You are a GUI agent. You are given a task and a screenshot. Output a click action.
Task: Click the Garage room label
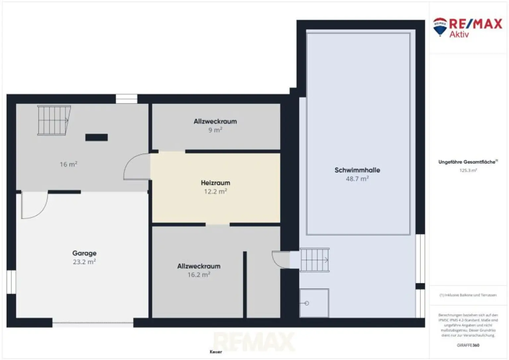tap(84, 253)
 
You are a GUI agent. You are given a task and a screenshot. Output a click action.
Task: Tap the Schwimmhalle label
tap(357, 170)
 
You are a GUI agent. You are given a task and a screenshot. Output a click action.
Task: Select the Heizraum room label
tap(215, 182)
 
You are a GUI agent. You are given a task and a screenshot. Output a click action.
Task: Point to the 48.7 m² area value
tap(357, 179)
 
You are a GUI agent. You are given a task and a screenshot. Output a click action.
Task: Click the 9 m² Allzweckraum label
tap(215, 121)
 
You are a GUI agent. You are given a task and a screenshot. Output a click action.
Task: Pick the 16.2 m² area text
tap(199, 275)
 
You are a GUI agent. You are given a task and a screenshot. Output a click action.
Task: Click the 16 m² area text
tap(69, 164)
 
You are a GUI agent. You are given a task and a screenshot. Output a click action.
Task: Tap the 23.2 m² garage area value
tap(84, 262)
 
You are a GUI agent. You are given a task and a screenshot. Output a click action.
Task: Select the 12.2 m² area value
tap(215, 191)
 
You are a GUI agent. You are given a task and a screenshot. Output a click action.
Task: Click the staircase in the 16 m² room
tap(53, 120)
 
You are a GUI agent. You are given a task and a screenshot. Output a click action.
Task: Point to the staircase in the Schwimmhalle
tap(314, 260)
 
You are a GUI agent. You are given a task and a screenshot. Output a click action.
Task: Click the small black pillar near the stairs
tap(96, 137)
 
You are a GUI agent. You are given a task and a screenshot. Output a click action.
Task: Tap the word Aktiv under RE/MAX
tap(459, 34)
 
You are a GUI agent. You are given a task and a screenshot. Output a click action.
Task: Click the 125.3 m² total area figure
tap(468, 170)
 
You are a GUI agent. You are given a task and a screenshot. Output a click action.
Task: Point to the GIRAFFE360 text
tap(468, 345)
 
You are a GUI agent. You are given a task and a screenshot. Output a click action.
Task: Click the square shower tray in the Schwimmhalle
tap(314, 303)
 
